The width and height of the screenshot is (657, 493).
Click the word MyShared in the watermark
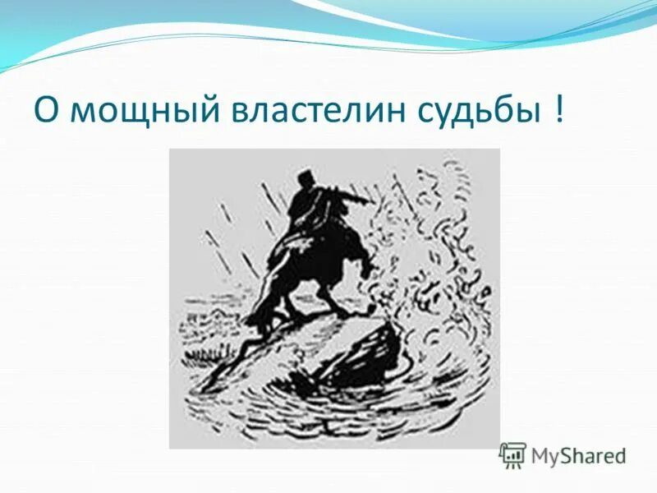[578, 455]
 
